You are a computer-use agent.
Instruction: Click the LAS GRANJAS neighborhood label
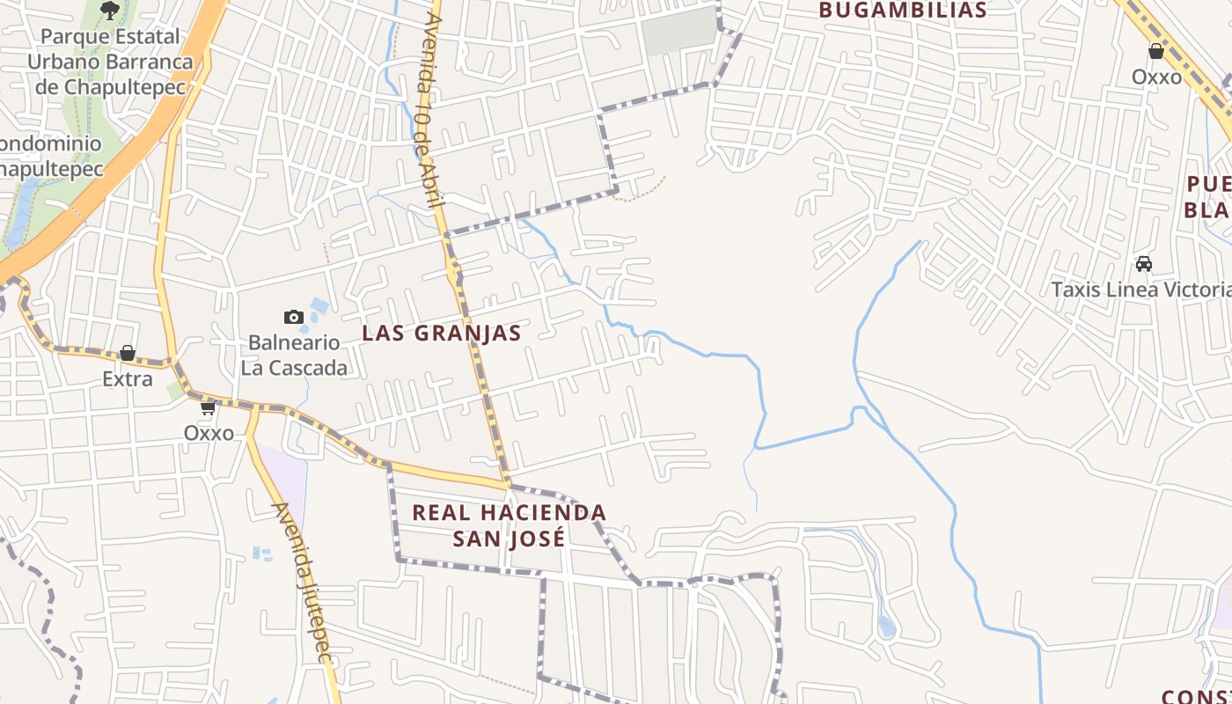click(x=442, y=334)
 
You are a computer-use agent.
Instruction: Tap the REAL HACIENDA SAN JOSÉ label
click(x=510, y=525)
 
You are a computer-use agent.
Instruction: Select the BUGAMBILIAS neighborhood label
click(x=903, y=11)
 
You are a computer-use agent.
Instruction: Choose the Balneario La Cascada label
click(x=294, y=356)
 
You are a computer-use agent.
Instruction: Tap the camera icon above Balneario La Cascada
click(x=294, y=317)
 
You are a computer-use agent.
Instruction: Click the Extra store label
click(x=128, y=379)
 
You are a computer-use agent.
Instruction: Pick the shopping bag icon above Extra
click(x=128, y=353)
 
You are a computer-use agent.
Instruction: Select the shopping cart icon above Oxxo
click(x=209, y=407)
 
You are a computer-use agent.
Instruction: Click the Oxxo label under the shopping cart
click(x=209, y=433)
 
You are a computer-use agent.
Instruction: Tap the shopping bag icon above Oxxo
click(x=1156, y=51)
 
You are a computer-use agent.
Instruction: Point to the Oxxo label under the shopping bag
click(x=1156, y=77)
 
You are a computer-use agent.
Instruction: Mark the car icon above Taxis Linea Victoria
click(x=1144, y=263)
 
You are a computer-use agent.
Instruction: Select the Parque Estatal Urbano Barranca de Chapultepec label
click(x=110, y=62)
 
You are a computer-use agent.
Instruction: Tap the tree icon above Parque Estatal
click(x=109, y=11)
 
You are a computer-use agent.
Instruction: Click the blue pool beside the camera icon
click(x=319, y=306)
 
